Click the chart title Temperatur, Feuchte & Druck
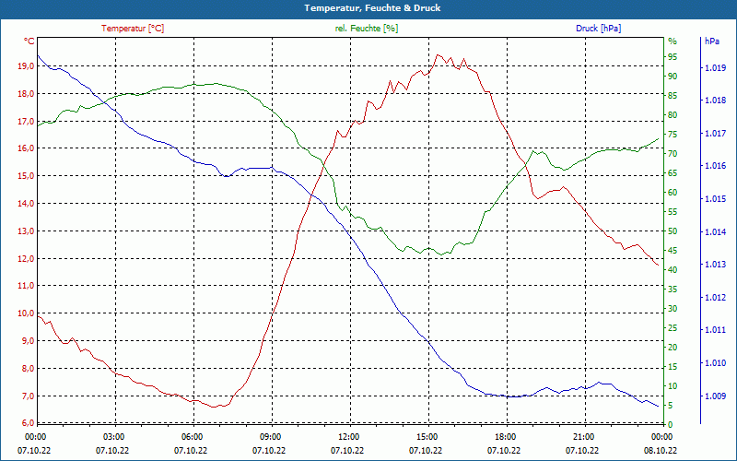[368, 8]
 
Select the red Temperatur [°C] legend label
[133, 29]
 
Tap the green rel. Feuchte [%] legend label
[367, 29]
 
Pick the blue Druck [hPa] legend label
[598, 29]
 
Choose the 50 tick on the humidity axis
[673, 230]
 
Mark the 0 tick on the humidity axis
[670, 424]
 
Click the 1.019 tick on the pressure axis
[714, 68]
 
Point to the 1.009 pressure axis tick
[714, 396]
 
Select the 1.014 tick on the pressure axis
[714, 232]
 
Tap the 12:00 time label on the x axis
[348, 437]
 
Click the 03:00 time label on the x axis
[113, 437]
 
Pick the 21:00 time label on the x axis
[583, 437]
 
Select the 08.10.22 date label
[661, 450]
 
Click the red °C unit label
[29, 41]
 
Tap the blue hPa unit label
[712, 41]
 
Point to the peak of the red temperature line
[439, 55]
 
